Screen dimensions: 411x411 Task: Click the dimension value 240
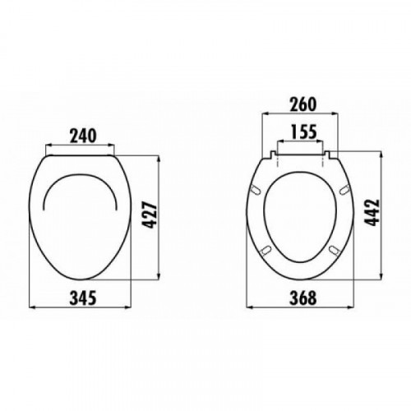tap(83, 136)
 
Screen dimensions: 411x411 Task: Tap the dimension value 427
tap(150, 215)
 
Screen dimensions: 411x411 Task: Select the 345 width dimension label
tap(83, 298)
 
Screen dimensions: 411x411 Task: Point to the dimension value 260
tap(303, 104)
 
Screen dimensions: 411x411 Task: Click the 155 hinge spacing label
tap(303, 132)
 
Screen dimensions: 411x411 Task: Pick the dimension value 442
tap(373, 213)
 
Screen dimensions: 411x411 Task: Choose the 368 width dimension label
tap(303, 298)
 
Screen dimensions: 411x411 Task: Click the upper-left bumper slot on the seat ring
tap(256, 191)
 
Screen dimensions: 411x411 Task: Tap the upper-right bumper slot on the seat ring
tap(344, 190)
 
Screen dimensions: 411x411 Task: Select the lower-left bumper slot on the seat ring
tap(266, 250)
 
